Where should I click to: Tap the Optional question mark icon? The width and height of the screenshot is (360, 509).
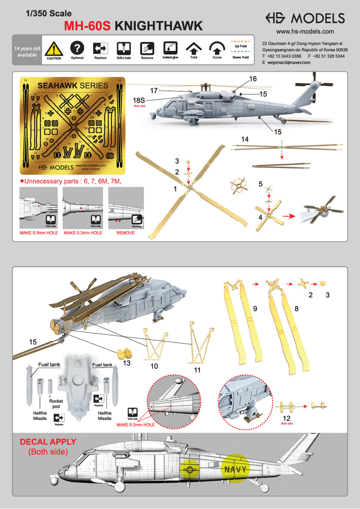[x=77, y=48]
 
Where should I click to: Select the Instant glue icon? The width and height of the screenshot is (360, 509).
[x=170, y=48]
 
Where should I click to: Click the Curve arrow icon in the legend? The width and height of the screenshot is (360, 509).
[x=218, y=48]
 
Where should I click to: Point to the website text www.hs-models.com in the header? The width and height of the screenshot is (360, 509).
[x=305, y=32]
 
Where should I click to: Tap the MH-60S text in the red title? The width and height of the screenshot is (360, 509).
[x=88, y=27]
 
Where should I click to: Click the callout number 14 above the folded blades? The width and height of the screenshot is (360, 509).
[x=245, y=140]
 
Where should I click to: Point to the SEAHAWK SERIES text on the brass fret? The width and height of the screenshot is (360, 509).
[x=73, y=86]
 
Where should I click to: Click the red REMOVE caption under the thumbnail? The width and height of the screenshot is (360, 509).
[x=126, y=233]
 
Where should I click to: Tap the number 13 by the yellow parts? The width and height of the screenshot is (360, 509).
[x=127, y=363]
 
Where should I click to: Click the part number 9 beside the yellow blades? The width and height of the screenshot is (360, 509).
[x=255, y=309]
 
